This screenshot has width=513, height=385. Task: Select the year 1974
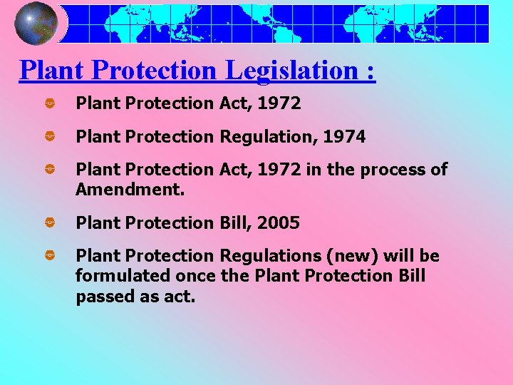(344, 137)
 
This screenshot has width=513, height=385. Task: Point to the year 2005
(278, 223)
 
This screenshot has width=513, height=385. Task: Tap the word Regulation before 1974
(267, 137)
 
